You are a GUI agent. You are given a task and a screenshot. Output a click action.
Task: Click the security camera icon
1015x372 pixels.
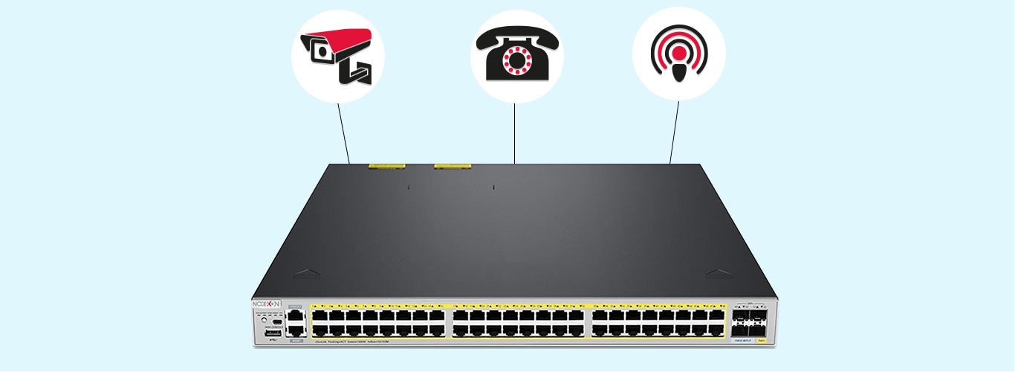tap(337, 56)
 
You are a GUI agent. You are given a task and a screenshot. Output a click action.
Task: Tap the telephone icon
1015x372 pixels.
tap(516, 56)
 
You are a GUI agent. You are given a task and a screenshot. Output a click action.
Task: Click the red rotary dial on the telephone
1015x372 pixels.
tap(516, 62)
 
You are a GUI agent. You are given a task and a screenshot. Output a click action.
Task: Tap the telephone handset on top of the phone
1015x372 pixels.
tap(516, 38)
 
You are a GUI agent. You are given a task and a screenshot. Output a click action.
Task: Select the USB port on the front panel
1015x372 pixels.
tap(272, 333)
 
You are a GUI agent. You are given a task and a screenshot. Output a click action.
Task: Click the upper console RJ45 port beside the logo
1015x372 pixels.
tap(295, 316)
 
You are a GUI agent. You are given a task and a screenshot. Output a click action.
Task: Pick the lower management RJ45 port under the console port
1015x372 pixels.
tap(295, 330)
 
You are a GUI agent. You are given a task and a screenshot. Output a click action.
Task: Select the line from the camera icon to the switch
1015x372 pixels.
tap(343, 132)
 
